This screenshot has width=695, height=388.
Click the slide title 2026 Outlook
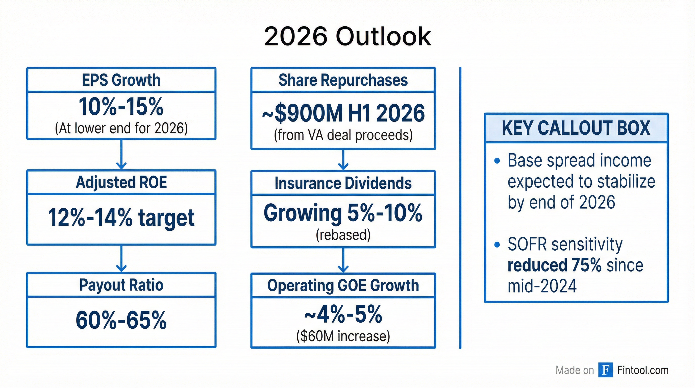click(x=347, y=37)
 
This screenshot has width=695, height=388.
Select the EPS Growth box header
click(x=121, y=80)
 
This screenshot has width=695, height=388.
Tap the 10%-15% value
click(x=121, y=107)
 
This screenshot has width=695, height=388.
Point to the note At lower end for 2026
click(x=121, y=128)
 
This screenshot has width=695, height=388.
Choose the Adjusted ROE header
click(x=121, y=182)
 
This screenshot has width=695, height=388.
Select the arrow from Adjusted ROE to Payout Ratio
click(x=121, y=258)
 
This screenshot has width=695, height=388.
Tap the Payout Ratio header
click(x=121, y=285)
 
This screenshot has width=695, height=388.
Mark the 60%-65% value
click(x=121, y=321)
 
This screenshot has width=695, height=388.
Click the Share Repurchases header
click(x=343, y=80)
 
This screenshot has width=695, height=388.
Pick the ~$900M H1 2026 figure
click(x=343, y=113)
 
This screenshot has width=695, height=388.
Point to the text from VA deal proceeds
click(x=343, y=135)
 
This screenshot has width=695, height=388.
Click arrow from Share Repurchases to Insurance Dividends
click(x=343, y=160)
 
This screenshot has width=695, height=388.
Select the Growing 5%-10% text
click(x=343, y=213)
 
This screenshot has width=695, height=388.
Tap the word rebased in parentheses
click(x=343, y=235)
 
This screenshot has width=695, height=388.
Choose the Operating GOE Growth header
click(x=343, y=285)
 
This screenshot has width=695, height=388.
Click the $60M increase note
click(x=343, y=336)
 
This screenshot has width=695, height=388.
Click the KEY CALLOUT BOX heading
click(x=576, y=128)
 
